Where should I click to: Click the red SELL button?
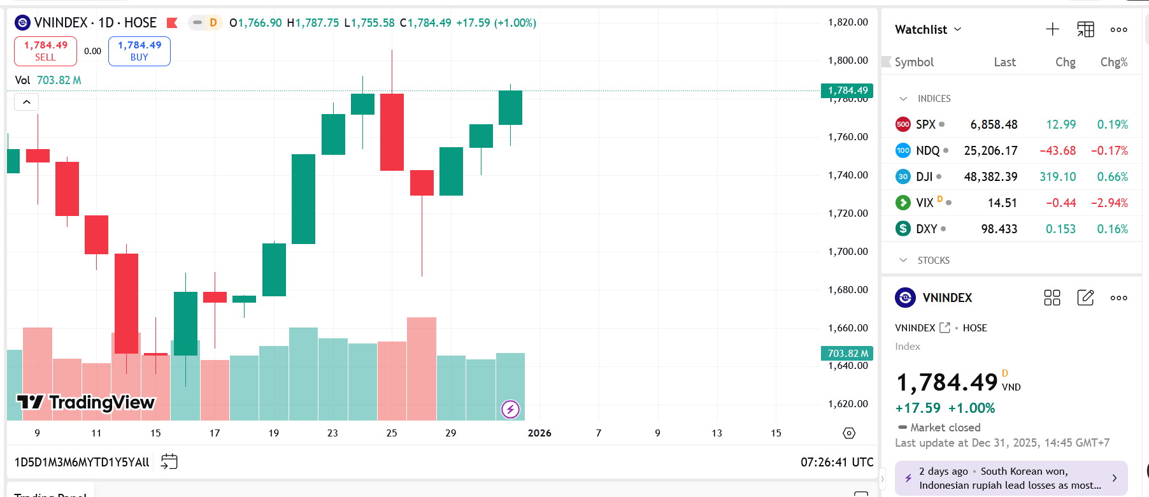(x=45, y=51)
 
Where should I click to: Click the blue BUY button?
(x=139, y=51)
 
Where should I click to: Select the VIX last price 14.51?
(x=1002, y=203)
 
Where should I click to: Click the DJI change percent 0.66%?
(x=1112, y=176)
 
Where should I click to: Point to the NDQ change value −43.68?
(x=1057, y=150)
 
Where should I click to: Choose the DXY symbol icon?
(x=903, y=229)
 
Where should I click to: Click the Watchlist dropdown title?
(x=928, y=29)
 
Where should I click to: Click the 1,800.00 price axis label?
(x=848, y=61)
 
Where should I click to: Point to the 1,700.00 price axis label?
(x=848, y=252)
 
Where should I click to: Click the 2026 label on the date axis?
(x=539, y=433)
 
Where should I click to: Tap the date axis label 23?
(x=332, y=433)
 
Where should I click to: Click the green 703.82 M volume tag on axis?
(x=847, y=353)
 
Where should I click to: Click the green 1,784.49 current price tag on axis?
(x=847, y=90)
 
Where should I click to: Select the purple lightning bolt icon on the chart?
(x=510, y=409)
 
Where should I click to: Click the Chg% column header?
(x=1113, y=62)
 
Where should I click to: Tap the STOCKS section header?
(x=933, y=261)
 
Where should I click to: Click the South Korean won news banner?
(x=1011, y=478)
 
